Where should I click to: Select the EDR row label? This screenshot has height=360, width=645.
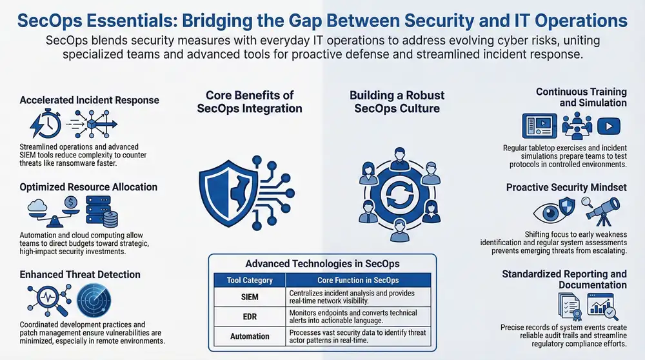(249, 317)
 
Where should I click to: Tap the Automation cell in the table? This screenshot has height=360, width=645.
(249, 336)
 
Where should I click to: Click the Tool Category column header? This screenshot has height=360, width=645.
(249, 281)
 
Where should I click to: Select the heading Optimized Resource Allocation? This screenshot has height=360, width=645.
(88, 187)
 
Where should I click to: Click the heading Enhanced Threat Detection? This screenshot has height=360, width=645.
(80, 274)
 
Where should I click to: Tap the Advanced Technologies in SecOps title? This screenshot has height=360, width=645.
(322, 263)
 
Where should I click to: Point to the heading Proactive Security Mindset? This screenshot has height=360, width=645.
(566, 188)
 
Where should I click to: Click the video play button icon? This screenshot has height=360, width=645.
(608, 125)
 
